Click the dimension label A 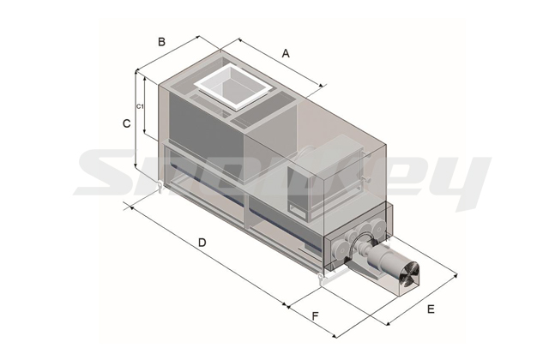286,53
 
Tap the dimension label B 161,42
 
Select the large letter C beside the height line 126,123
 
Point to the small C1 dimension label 140,106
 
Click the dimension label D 202,242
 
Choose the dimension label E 431,309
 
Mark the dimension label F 315,316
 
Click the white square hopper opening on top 232,87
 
